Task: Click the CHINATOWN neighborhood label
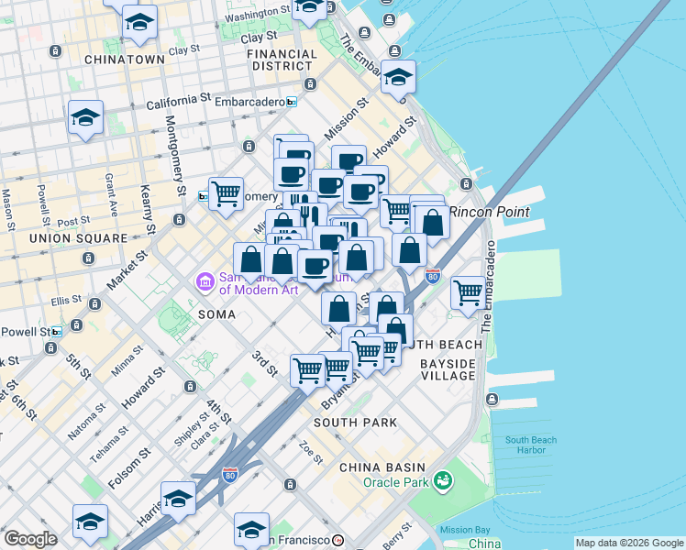pos(124,59)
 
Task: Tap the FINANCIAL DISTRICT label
pos(282,60)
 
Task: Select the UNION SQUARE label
pos(78,238)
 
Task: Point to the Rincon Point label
pos(500,212)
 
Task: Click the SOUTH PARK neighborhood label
pos(355,423)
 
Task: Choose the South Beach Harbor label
pos(530,445)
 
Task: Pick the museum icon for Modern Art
pos(205,280)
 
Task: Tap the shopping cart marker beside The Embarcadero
pos(468,293)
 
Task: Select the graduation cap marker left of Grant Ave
pos(85,118)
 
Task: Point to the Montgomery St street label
pos(174,148)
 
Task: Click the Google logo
pos(30,540)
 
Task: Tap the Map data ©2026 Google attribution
pos(629,543)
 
